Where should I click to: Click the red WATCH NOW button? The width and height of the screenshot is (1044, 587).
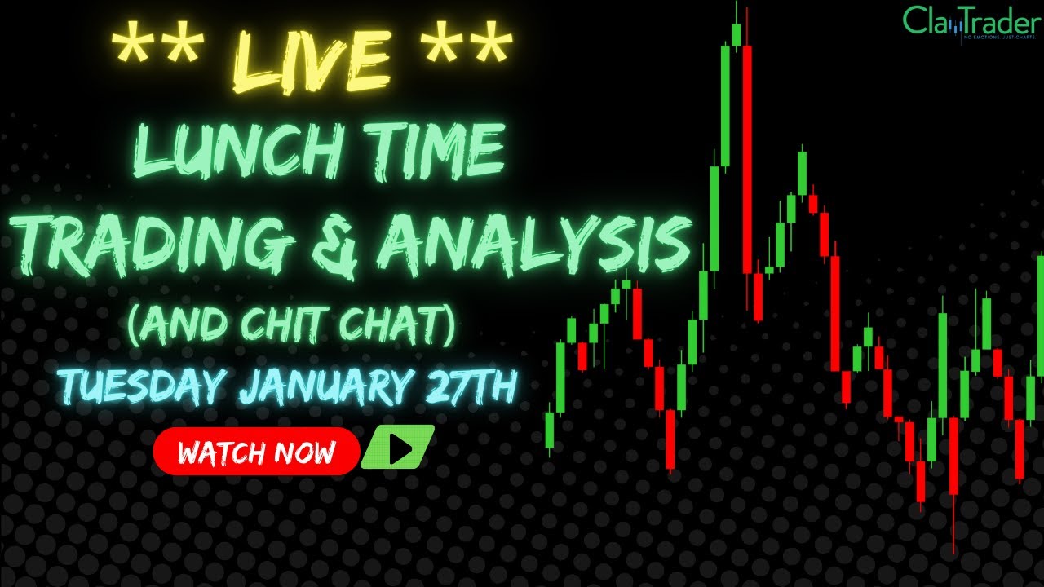(256, 451)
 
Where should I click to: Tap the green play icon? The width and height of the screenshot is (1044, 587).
(398, 449)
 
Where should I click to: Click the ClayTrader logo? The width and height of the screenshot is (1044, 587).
(971, 22)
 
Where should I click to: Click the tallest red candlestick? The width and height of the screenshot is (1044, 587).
(746, 159)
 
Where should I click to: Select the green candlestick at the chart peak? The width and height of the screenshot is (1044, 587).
(736, 34)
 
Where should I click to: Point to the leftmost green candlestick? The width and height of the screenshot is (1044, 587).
(550, 430)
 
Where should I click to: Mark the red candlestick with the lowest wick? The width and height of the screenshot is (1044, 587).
(953, 457)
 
